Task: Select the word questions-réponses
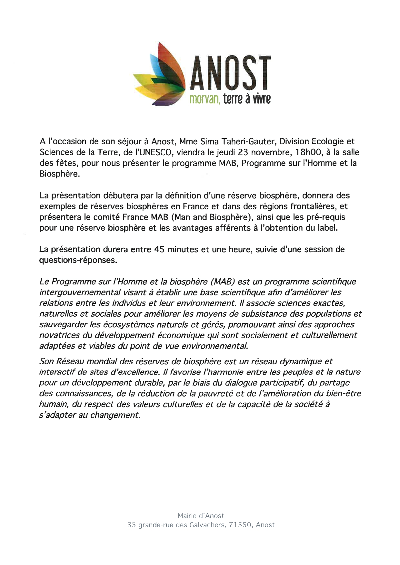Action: click(77, 260)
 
